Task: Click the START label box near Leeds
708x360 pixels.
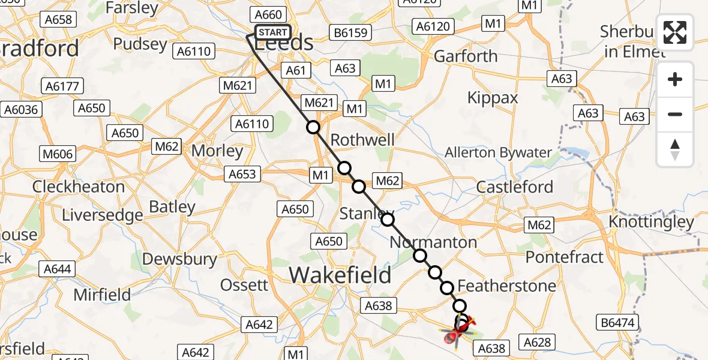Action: click(274, 32)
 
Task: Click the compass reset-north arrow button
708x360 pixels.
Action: click(675, 149)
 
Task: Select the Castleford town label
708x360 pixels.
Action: click(514, 187)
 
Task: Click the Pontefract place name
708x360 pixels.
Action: click(564, 257)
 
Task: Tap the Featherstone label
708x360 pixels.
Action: click(506, 286)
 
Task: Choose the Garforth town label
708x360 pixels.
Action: click(466, 56)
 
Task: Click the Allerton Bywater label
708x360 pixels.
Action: click(497, 152)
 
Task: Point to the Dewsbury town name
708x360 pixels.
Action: click(180, 259)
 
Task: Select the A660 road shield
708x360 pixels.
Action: click(268, 14)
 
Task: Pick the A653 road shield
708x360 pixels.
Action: click(242, 175)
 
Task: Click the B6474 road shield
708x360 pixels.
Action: click(617, 323)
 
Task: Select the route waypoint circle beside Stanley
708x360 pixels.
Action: click(388, 220)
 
